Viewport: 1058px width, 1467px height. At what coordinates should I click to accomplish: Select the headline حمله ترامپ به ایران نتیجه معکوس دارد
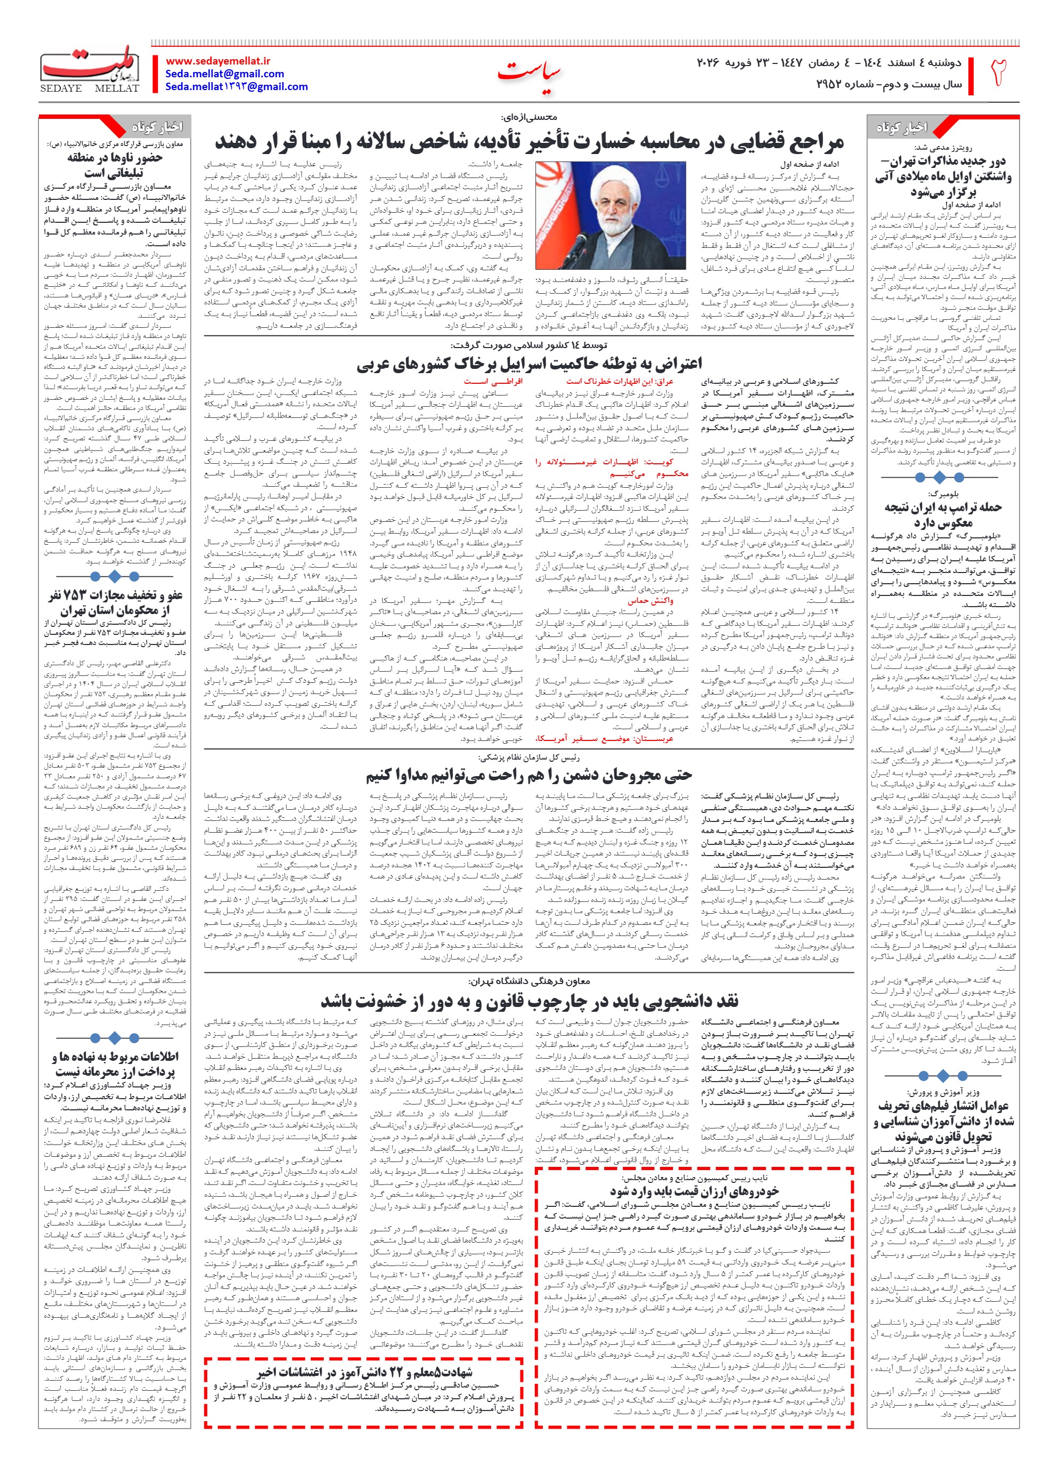pyautogui.click(x=943, y=515)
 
